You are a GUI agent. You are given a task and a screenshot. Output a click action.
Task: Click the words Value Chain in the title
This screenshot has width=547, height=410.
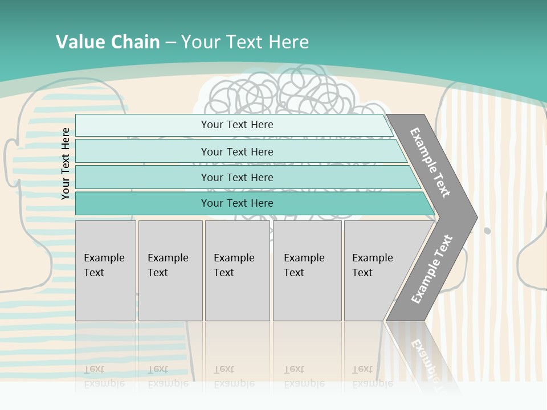(x=108, y=42)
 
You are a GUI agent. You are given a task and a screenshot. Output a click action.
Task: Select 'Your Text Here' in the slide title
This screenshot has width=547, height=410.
(x=245, y=42)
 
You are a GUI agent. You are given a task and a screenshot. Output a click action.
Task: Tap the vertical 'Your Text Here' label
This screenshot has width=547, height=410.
(x=66, y=163)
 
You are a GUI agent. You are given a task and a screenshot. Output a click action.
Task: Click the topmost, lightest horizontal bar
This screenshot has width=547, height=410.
(x=234, y=125)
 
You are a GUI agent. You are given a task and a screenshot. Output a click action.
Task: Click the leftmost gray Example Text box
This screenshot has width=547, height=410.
(x=105, y=270)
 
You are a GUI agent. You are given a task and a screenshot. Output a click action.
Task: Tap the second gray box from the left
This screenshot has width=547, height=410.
(x=170, y=270)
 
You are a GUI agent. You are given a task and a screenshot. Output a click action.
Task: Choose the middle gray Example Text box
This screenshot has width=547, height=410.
(x=237, y=270)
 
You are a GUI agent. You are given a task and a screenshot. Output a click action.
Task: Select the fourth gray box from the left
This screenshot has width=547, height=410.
(x=307, y=270)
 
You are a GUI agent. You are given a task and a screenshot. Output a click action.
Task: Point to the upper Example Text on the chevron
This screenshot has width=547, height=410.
(x=430, y=162)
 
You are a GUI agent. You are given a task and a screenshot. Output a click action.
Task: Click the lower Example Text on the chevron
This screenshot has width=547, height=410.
(x=431, y=269)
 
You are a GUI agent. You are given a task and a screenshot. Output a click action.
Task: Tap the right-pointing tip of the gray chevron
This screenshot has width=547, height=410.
(x=473, y=217)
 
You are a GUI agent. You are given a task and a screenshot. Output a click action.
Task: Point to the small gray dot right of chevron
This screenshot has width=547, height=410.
(x=487, y=231)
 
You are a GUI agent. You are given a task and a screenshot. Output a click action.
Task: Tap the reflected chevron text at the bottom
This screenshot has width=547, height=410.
(x=424, y=359)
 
